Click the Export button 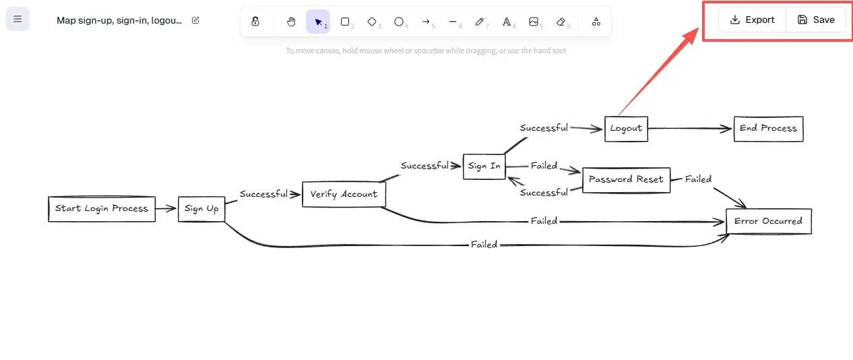[x=752, y=20]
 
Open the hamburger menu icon [x=18, y=19]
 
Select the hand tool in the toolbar [x=291, y=22]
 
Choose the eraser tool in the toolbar [x=561, y=22]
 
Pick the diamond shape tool [x=372, y=22]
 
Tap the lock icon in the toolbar [x=255, y=22]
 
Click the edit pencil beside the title [x=195, y=20]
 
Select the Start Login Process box [x=102, y=209]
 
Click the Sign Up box [x=201, y=209]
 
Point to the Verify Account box [x=344, y=194]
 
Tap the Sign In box [x=484, y=167]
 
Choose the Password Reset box [x=626, y=180]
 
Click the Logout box [x=626, y=128]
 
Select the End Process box [x=768, y=128]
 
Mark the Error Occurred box [x=768, y=221]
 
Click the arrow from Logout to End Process [x=690, y=128]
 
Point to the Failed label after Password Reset [x=698, y=179]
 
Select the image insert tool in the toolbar [x=534, y=22]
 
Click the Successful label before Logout [x=544, y=128]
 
